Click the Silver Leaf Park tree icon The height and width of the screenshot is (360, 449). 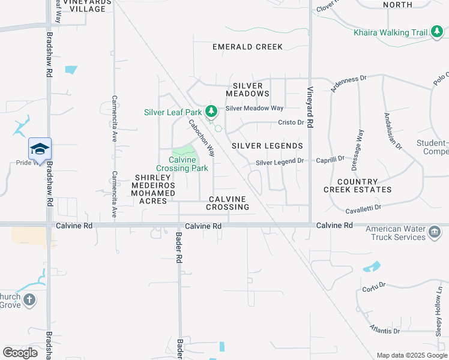click(211, 111)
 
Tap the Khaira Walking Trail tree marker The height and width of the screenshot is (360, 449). click(436, 32)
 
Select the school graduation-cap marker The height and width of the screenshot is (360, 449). click(40, 149)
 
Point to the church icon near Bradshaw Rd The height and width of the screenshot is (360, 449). click(29, 299)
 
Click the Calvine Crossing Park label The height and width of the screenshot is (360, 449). click(182, 164)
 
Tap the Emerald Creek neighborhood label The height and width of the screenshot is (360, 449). click(247, 47)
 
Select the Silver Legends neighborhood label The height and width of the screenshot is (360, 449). click(267, 146)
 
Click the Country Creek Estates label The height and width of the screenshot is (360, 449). click(358, 185)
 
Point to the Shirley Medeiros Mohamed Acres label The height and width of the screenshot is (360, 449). click(155, 189)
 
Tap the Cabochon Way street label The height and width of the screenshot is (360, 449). click(202, 138)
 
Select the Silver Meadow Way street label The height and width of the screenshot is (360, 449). click(254, 109)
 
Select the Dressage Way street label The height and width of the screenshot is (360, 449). click(360, 143)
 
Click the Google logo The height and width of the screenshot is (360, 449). click(20, 352)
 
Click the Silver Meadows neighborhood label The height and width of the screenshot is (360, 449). click(247, 89)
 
